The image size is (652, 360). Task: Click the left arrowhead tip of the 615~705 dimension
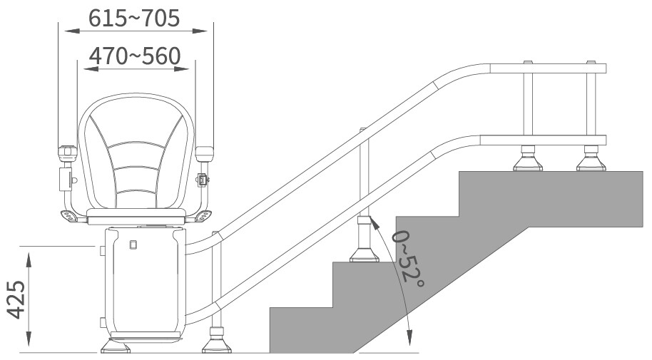pos(65,31)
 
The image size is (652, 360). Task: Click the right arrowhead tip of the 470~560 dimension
pos(190,69)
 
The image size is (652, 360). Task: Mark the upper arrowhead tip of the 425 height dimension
pos(29,253)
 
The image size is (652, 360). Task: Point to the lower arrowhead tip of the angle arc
pos(409,345)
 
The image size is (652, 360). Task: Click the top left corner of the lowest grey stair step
pos(270,308)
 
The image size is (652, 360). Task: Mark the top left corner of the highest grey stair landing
pos(459,171)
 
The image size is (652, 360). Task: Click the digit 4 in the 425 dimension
pos(16,313)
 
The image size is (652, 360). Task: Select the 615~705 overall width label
pos(134,18)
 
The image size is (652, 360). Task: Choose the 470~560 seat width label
pos(135,56)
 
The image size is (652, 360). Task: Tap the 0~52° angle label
pos(408,259)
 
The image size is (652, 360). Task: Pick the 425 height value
pos(16,300)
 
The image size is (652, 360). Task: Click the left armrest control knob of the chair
pos(67,153)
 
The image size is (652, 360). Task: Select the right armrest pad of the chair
pos(204,154)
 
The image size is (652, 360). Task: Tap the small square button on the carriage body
pos(133,245)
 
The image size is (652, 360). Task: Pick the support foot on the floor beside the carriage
pos(216,341)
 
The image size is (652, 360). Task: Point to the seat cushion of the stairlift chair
pos(136,213)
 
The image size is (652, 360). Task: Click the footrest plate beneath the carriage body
pos(145,336)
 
